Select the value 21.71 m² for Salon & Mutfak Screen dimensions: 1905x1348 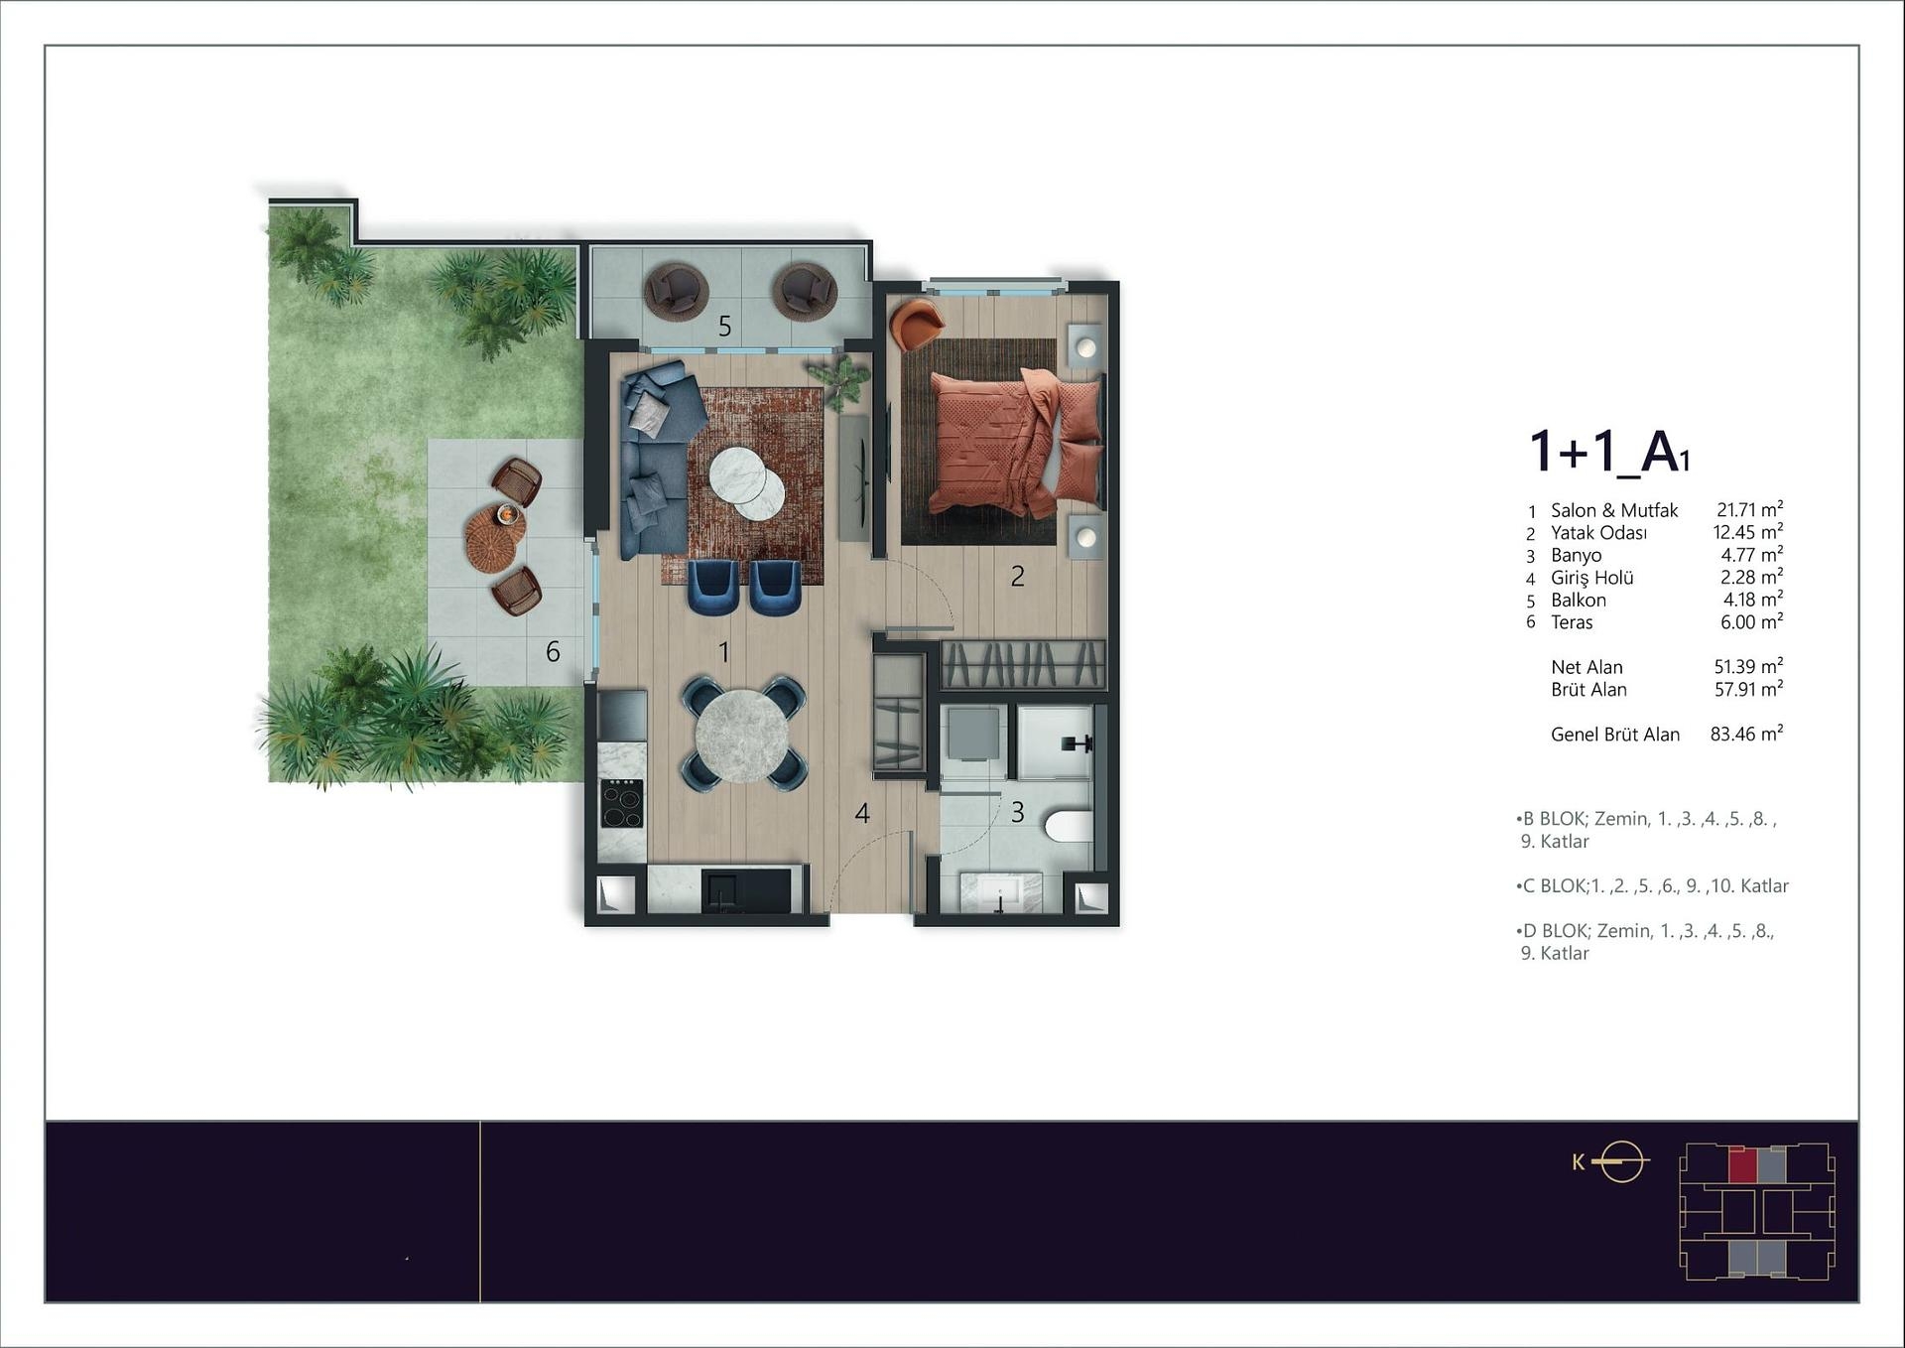click(1749, 509)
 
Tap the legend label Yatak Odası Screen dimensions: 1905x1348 click(1598, 533)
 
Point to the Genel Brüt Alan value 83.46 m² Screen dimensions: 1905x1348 click(1746, 734)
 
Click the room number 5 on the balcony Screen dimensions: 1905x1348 click(724, 326)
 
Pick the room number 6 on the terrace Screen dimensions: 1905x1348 click(553, 651)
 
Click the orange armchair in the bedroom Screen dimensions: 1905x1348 click(917, 324)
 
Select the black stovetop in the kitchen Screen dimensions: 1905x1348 click(622, 804)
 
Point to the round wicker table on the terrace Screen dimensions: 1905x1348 click(495, 537)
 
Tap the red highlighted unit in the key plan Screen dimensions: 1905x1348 click(1742, 1164)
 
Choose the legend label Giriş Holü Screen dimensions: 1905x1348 click(1591, 578)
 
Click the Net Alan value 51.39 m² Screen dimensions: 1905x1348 click(1748, 666)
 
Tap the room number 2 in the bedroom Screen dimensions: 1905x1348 click(1017, 576)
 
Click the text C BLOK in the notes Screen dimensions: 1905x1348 click(1553, 885)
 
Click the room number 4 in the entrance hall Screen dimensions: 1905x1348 click(862, 814)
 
